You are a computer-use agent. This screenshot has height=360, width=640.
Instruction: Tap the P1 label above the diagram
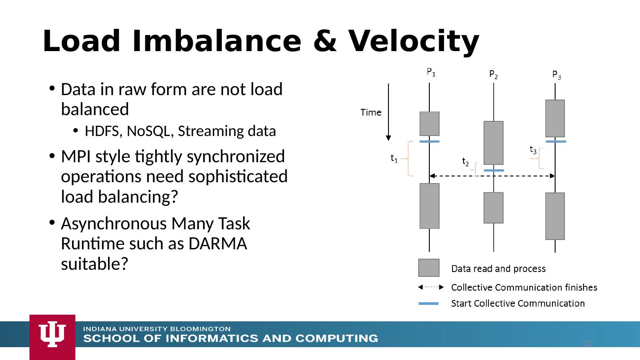tap(431, 72)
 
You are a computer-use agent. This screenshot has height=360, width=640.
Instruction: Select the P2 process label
tap(493, 74)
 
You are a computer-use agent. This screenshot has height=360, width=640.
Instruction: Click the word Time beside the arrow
tap(371, 112)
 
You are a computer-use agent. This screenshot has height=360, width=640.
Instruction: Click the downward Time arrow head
tap(388, 137)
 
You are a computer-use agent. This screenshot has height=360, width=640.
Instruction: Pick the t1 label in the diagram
tap(394, 158)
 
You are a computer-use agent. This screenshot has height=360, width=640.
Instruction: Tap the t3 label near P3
tap(533, 150)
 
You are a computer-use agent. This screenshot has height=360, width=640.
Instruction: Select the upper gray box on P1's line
tap(429, 124)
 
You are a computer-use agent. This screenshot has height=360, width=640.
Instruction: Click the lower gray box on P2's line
tap(493, 208)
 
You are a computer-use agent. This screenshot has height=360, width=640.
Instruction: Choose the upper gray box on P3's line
tap(555, 118)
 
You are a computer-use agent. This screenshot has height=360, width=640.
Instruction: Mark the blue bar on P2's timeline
tap(494, 170)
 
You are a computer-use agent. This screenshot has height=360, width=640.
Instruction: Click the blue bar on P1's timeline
tap(429, 141)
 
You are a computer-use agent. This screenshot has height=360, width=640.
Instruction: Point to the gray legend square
tap(429, 268)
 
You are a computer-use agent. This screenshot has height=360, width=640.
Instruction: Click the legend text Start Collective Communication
tap(518, 304)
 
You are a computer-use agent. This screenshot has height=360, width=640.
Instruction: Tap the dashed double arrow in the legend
tap(431, 287)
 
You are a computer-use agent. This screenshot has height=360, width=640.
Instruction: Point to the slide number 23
tap(587, 344)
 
